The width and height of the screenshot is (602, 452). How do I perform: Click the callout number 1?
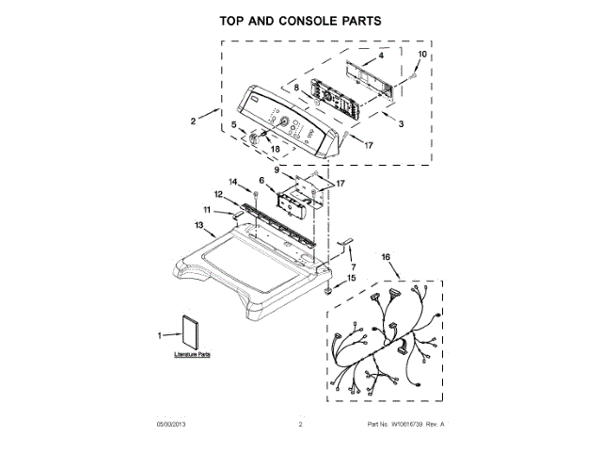[160, 334]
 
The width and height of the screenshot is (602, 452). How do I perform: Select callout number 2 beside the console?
[192, 121]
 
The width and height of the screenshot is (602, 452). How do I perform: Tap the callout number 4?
[382, 56]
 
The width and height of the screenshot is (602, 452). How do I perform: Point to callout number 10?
[420, 56]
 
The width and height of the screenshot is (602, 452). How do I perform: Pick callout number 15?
[354, 278]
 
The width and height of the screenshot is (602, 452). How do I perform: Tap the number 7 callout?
[353, 267]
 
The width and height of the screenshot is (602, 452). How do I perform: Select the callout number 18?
[276, 149]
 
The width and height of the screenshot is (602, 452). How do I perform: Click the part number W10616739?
[405, 426]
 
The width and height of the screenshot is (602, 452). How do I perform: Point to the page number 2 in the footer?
[301, 426]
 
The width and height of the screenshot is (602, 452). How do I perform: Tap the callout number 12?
[217, 194]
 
